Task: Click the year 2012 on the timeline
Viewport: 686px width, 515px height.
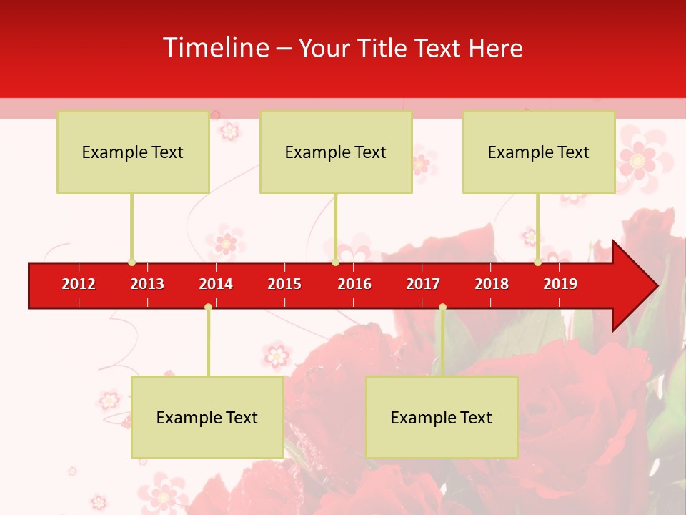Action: [79, 284]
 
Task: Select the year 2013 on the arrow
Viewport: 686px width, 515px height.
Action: [147, 284]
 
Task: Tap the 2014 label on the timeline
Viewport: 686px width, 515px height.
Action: [216, 284]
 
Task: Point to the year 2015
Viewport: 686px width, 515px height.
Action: [284, 284]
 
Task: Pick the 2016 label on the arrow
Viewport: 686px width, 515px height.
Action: [354, 284]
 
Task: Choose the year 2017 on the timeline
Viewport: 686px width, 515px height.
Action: [423, 284]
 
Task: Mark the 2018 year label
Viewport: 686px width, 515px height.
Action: [492, 284]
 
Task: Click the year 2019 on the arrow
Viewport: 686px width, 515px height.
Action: [560, 284]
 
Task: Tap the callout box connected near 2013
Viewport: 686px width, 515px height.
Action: [133, 152]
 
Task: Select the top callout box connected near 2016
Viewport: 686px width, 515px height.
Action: [336, 152]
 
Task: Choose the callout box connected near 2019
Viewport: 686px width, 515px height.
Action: [539, 152]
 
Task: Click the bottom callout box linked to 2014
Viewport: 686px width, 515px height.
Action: [207, 417]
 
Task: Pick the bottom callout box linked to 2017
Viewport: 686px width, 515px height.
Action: [442, 417]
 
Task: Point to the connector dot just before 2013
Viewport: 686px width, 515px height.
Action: [131, 262]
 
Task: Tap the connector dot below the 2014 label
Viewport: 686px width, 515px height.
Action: [208, 308]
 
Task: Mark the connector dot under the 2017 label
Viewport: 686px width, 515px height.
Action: [442, 308]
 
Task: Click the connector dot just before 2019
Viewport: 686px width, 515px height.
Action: [537, 262]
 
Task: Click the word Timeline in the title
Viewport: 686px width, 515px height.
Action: [216, 48]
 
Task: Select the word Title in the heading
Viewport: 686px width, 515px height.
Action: [385, 48]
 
